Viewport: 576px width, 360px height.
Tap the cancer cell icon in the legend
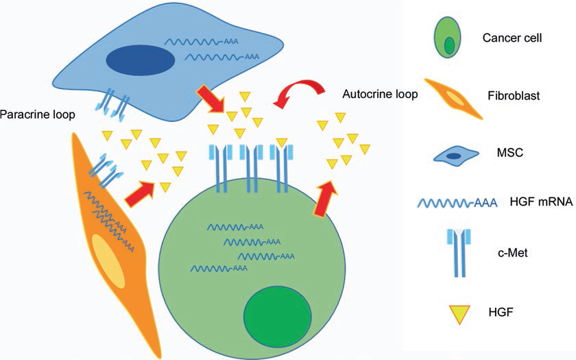coord(448,38)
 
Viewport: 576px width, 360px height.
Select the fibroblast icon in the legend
coord(453,98)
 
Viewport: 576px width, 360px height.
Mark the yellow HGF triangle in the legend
coord(453,312)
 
